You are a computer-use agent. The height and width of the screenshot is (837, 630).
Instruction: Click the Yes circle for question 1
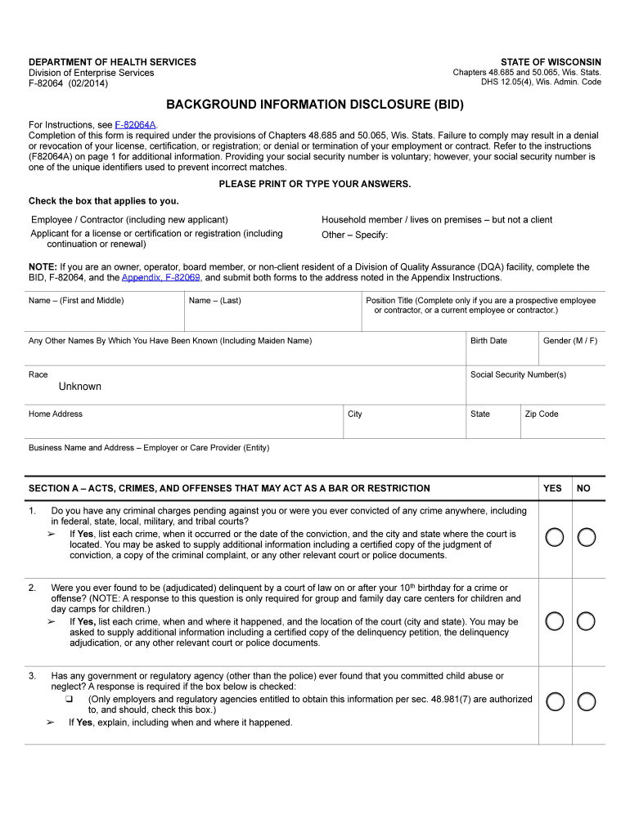555,537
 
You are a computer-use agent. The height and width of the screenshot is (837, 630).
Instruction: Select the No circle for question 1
586,537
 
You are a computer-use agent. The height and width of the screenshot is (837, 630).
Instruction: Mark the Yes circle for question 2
555,621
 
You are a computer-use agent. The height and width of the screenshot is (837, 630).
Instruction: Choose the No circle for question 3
586,701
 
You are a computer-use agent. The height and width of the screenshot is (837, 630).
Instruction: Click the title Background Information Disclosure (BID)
315,105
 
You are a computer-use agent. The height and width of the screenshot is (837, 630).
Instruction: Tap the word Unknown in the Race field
80,387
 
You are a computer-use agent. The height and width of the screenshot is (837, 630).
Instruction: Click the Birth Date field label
488,341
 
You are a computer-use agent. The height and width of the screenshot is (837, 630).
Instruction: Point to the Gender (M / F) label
569,341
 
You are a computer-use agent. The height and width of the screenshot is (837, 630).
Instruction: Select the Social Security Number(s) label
518,374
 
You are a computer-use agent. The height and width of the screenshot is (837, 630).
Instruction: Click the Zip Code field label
542,414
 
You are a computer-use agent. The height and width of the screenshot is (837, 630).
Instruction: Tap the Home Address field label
56,414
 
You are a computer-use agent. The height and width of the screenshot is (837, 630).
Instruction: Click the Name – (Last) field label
214,301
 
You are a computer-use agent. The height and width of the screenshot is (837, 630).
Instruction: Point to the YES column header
552,488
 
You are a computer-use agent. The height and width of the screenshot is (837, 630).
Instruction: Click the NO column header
583,488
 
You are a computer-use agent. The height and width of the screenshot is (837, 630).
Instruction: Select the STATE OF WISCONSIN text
551,62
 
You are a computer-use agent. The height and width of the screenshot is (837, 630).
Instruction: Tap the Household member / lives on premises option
437,220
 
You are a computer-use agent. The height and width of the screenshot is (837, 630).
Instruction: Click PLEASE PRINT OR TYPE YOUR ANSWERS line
315,184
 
